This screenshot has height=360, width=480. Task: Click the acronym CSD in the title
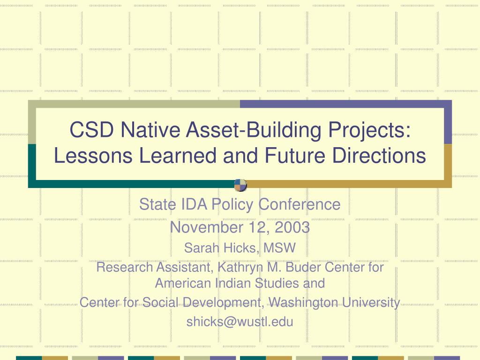point(91,129)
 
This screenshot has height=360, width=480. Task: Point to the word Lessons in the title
point(93,155)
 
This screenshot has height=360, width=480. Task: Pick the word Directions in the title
point(379,155)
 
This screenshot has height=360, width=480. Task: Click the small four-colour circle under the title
point(240,185)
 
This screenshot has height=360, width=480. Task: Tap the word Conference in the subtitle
point(300,204)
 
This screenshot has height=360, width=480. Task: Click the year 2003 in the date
point(292,227)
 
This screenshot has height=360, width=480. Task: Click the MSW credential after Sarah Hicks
point(279,248)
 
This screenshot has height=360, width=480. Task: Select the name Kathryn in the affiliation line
point(240,267)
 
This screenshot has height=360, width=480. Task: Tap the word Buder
point(303,267)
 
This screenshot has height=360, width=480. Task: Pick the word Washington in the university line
point(303,302)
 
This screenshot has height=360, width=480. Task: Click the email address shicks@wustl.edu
point(240,322)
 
